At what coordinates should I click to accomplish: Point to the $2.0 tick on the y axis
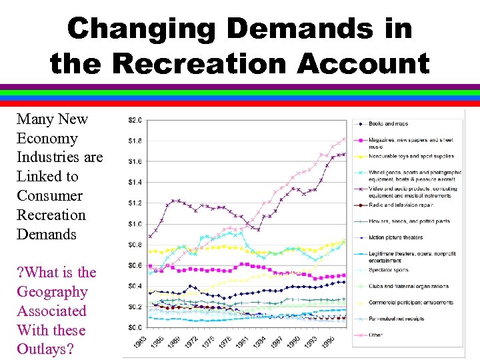[135, 120]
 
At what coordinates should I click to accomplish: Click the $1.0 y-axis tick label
[135, 224]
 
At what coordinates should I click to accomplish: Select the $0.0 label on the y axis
[135, 327]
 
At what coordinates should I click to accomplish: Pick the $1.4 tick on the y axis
[135, 182]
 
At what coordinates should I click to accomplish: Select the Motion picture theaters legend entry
[396, 237]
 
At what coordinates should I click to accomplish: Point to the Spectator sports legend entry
[389, 270]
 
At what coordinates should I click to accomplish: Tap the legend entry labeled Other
[375, 335]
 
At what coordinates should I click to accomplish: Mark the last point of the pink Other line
[345, 139]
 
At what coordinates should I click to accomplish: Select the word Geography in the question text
[52, 291]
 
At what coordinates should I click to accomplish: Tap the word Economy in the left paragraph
[47, 138]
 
